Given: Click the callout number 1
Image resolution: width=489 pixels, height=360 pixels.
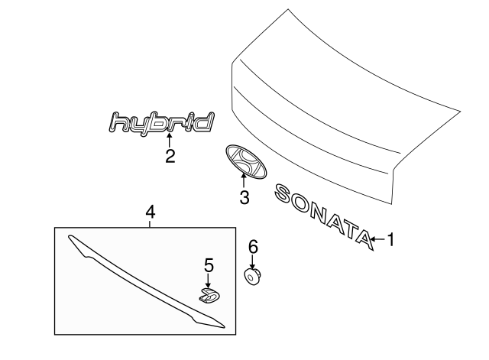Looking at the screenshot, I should tap(390, 241).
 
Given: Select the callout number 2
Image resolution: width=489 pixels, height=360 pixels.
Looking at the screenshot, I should tap(170, 157).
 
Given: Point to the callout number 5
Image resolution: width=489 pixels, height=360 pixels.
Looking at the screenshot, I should tap(209, 265).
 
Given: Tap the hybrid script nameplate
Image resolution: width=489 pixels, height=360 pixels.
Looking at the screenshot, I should tap(160, 122).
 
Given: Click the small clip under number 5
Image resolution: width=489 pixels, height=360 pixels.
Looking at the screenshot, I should tap(208, 295).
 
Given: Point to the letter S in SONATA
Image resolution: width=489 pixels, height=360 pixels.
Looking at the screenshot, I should tap(283, 193).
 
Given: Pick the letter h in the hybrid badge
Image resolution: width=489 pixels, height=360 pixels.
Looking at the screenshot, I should tap(118, 122).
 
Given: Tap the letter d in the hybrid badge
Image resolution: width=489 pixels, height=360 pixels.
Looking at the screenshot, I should tap(205, 122).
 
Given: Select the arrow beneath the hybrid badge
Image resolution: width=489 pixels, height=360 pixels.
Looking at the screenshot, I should tap(170, 139).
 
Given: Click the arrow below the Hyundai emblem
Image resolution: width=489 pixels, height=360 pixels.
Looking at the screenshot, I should tap(244, 182).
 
